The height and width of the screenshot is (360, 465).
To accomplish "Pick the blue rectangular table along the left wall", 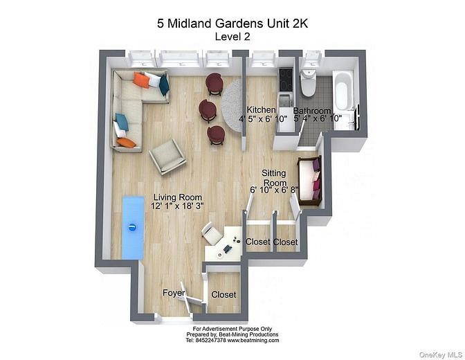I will (x=133, y=227).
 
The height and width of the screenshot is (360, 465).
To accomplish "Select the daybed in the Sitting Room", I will (x=309, y=181).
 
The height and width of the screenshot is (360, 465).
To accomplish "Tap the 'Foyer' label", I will (x=174, y=294).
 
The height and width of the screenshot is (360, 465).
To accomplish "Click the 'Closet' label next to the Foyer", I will (x=224, y=294).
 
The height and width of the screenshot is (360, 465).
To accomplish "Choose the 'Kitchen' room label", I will (x=262, y=110).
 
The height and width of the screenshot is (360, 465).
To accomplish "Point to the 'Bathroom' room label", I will (x=311, y=111).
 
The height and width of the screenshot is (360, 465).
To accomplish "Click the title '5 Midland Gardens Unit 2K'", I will (x=232, y=24).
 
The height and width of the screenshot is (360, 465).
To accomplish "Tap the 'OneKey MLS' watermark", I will (x=438, y=353).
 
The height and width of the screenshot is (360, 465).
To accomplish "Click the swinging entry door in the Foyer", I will (x=190, y=296).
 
